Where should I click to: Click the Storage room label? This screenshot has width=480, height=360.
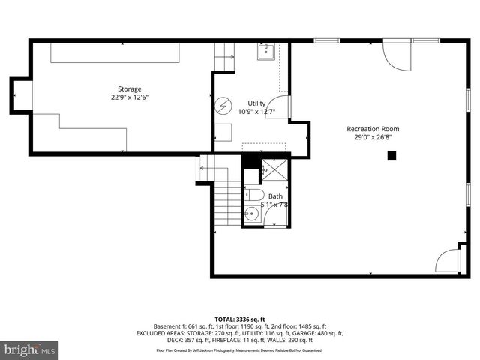coord(129,88)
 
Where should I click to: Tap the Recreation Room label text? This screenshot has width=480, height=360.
coord(378,129)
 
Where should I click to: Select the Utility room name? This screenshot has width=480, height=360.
coord(257,103)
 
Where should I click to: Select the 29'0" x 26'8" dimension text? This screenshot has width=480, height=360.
coord(378,138)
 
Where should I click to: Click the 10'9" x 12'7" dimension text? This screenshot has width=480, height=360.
coord(257,112)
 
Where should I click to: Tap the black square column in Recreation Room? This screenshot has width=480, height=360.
coord(391,156)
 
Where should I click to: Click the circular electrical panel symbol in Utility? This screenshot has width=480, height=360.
coord(222,105)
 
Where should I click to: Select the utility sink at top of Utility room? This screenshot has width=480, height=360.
coord(265,52)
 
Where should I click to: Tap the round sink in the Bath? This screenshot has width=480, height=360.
coord(253,214)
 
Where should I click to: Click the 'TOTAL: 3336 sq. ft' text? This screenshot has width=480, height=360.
coord(239,319)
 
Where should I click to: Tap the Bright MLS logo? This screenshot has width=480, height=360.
coord(30,349)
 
